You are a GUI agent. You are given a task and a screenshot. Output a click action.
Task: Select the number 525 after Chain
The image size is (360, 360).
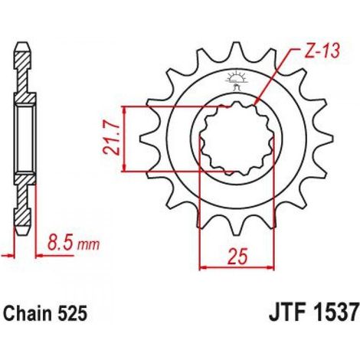click(x=73, y=313)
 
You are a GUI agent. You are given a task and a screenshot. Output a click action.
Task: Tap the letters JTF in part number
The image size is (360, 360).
click(x=286, y=313)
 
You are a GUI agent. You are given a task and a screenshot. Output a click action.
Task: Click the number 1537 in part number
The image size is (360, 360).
click(x=333, y=313)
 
